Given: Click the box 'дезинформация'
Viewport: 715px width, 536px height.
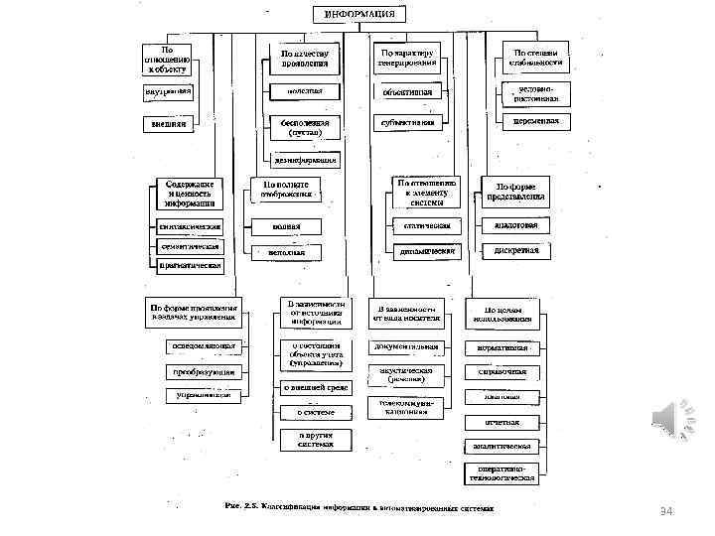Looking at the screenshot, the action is point(304,159).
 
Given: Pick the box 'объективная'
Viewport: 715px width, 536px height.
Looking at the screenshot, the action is point(407,91).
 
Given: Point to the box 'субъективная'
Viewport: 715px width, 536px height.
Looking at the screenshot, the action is point(407,123).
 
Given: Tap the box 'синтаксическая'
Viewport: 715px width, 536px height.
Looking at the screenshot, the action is point(190,226).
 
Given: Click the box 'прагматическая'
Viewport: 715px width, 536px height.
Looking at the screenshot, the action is point(190,266).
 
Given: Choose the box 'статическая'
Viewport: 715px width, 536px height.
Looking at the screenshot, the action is point(427,226).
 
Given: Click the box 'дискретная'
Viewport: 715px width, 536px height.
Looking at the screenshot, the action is point(516,250).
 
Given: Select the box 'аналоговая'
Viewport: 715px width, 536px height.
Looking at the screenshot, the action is point(516,225).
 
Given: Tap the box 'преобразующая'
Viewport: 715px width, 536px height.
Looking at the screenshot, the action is point(206,371).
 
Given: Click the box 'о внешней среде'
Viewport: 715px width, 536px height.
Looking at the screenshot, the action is point(316,388).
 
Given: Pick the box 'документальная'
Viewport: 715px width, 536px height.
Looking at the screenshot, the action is point(407,347).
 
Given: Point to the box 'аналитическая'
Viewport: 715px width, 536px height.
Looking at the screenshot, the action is point(502,447).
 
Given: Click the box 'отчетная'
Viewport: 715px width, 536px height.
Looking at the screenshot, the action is point(502,422).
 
